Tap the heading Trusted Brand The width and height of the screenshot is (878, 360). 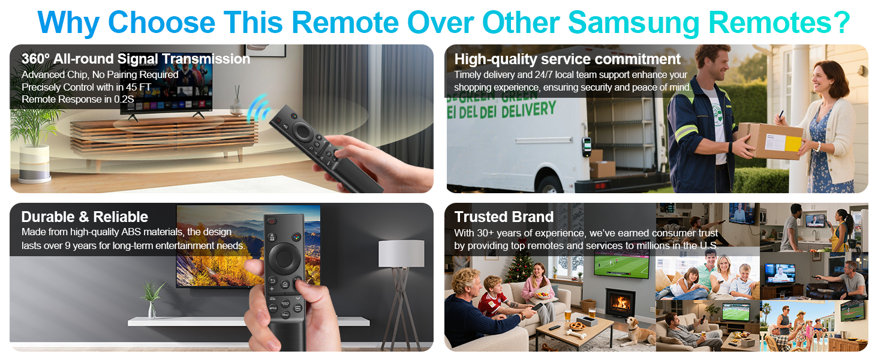[x=504, y=217]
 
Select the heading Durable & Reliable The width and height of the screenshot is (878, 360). [x=85, y=217]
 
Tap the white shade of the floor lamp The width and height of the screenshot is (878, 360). [x=401, y=253]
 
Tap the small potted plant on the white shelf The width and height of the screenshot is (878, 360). [x=152, y=301]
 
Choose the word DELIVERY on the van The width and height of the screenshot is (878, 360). [x=527, y=110]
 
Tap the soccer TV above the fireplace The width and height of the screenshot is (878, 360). [x=621, y=264]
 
